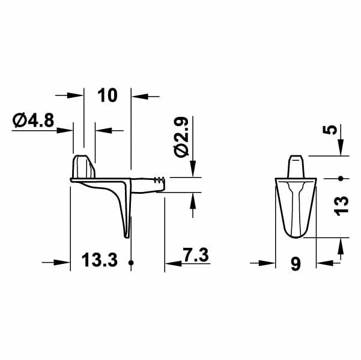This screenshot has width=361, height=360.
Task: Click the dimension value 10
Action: (x=106, y=95)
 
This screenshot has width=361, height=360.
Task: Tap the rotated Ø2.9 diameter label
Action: (x=182, y=137)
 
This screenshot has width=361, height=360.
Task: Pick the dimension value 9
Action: (x=295, y=264)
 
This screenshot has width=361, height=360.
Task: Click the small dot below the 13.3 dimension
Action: (x=131, y=263)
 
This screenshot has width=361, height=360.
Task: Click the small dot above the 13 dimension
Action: (x=341, y=178)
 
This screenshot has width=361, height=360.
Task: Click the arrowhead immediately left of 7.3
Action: (x=172, y=262)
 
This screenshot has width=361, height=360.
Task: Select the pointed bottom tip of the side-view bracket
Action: (x=127, y=234)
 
